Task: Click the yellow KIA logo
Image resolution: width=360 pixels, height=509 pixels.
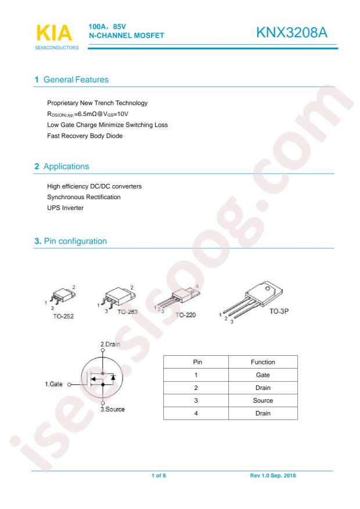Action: (x=54, y=33)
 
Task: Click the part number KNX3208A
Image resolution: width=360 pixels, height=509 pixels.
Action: (x=291, y=33)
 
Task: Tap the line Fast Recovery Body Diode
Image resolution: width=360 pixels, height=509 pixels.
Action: (x=85, y=136)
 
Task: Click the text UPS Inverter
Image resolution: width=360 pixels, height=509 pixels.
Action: (x=65, y=208)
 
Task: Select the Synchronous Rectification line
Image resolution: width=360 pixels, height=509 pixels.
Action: (x=84, y=197)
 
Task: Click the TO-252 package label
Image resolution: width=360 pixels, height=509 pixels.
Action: (x=63, y=316)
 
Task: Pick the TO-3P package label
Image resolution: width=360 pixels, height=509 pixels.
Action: (x=279, y=311)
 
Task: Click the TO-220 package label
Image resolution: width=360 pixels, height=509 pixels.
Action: (x=186, y=315)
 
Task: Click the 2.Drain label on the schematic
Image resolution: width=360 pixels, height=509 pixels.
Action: (x=110, y=344)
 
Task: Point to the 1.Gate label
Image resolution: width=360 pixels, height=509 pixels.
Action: (x=53, y=384)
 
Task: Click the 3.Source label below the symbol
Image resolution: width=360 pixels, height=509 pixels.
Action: (x=112, y=409)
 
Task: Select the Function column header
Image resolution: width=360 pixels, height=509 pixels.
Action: (x=263, y=362)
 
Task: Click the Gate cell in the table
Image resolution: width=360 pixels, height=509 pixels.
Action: (x=263, y=375)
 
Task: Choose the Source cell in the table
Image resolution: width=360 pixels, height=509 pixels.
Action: (x=263, y=400)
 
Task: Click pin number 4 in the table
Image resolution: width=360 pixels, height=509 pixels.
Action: (x=196, y=413)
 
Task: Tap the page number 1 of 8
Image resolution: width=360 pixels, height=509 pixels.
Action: (x=159, y=475)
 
